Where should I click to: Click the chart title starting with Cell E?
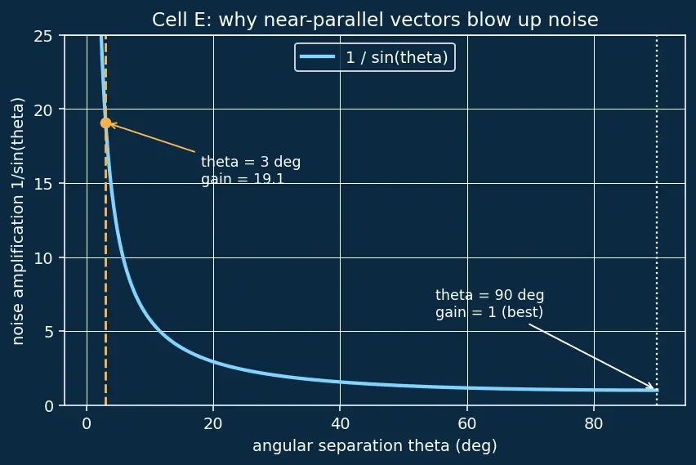click(375, 20)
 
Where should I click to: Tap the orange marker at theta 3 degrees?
click(105, 123)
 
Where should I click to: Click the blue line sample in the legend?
click(318, 56)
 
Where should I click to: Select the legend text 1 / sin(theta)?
click(397, 57)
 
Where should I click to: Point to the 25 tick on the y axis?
click(43, 36)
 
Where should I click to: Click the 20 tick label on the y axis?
click(43, 110)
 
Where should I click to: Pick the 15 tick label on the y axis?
click(43, 184)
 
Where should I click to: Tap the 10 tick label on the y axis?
click(43, 258)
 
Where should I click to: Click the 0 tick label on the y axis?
click(48, 406)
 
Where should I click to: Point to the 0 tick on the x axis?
click(87, 423)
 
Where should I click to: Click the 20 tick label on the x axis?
click(213, 423)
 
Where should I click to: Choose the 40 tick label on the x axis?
click(340, 423)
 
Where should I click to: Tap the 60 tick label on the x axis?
click(467, 423)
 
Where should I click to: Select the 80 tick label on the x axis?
click(593, 423)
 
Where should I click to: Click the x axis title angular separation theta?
click(375, 446)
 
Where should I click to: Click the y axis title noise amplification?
click(18, 221)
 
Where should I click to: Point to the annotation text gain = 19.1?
click(243, 179)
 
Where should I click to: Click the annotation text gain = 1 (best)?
click(489, 312)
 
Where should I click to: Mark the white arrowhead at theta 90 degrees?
click(651, 387)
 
